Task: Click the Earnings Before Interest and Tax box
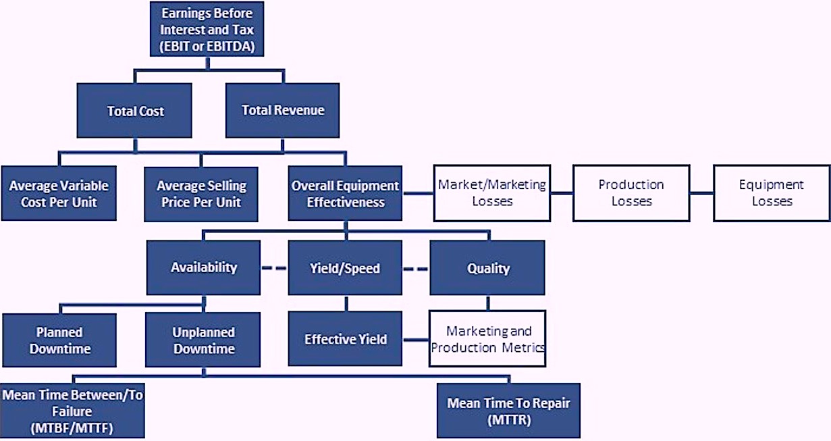tap(207, 29)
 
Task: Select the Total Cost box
tap(134, 110)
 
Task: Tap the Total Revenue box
tap(282, 110)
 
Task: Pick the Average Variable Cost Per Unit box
tap(59, 193)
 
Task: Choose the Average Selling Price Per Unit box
tap(201, 194)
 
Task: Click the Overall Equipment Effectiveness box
tap(345, 193)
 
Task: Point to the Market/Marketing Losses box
tap(492, 193)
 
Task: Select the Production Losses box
tap(631, 193)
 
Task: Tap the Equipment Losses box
tap(772, 193)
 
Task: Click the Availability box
tap(203, 267)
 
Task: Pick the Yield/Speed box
tap(345, 267)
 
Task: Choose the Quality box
tap(487, 267)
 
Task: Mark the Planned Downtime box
tap(59, 340)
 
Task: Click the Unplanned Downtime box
tap(203, 340)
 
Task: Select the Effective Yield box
tap(345, 338)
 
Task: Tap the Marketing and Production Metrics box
tap(487, 338)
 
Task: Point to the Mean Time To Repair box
tap(508, 411)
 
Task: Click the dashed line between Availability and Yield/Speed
tap(274, 268)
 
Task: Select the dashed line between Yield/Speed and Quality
tap(416, 269)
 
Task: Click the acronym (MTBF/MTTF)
tap(72, 428)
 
